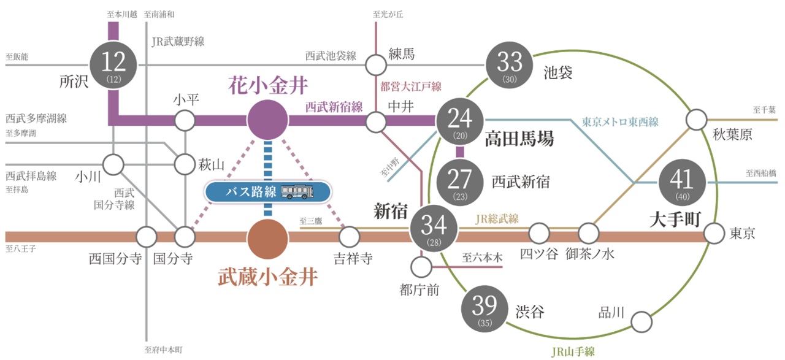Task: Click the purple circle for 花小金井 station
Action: click(268, 120)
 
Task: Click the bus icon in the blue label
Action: click(298, 192)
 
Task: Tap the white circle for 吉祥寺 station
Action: click(349, 236)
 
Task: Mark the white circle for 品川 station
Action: click(641, 321)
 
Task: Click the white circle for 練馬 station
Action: click(375, 64)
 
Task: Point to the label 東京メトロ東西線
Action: click(619, 121)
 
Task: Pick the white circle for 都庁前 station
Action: click(421, 266)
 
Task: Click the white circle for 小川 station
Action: click(113, 164)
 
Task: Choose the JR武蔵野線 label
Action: click(178, 42)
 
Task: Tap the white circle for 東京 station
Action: click(714, 234)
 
